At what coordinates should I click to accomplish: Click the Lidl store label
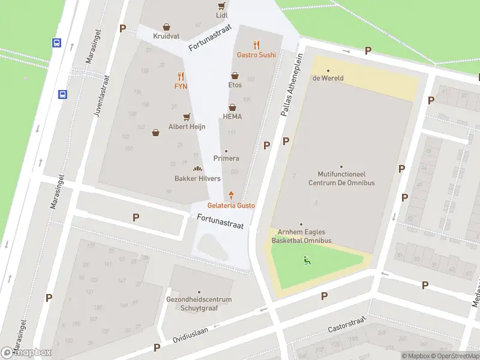pos(222,15)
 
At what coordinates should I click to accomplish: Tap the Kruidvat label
pos(166,36)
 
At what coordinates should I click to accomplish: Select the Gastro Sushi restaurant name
pos(256,55)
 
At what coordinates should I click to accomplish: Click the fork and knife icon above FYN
pos(181,76)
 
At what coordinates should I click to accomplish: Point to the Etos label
pos(235,85)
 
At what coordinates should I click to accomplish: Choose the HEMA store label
pos(232,116)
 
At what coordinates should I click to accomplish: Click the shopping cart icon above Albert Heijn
pos(187,117)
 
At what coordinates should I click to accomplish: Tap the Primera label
pos(226,158)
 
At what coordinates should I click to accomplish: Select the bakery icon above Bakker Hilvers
pos(197,169)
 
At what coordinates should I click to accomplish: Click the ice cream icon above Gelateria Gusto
pos(231,195)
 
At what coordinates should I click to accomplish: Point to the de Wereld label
pos(328,78)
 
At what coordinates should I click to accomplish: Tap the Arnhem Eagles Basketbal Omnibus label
pos(301,236)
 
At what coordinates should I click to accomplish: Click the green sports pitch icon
pos(307,260)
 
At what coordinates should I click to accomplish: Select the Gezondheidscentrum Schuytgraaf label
pos(199,304)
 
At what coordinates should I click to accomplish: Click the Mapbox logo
pos(26,352)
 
